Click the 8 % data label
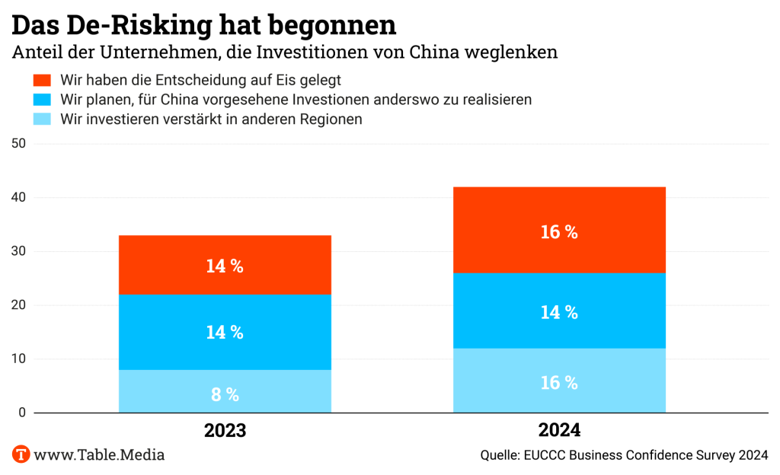225,394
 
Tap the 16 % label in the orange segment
559,233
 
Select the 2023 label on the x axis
225,430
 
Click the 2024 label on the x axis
559,430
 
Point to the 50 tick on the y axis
19,144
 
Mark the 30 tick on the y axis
19,252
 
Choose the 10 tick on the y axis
19,359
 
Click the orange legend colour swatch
42,80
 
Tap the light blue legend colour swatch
42,120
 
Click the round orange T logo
21,454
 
